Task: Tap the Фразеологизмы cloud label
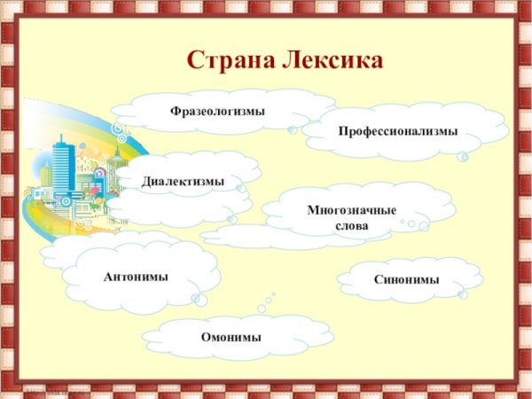[x=218, y=111]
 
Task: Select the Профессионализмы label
[x=397, y=131]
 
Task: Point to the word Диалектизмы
[x=184, y=182]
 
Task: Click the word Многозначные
[x=351, y=210]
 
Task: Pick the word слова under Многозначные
[x=351, y=225]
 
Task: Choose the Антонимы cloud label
[x=136, y=277]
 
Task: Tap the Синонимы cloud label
[x=406, y=279]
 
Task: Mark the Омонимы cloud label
[x=231, y=337]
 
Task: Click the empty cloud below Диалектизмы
[x=168, y=211]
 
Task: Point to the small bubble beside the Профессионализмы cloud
[x=463, y=157]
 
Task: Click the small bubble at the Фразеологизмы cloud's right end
[x=293, y=129]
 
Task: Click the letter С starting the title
[x=196, y=61]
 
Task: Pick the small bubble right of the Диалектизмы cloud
[x=241, y=188]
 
